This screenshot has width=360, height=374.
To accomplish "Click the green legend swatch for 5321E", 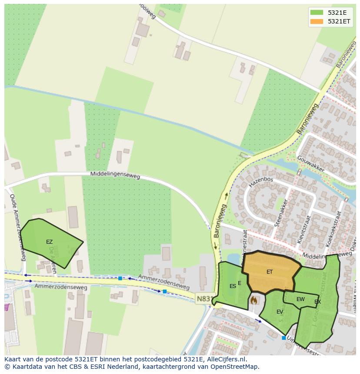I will [317, 13].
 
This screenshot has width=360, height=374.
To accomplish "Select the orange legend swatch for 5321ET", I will [317, 21].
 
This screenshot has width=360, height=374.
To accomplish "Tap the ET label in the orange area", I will [270, 272].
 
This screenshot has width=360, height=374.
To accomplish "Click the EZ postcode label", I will [49, 242].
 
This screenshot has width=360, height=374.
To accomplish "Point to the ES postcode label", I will [233, 286].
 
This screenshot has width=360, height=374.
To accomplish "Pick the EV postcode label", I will [280, 312].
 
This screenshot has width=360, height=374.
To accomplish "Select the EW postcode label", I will [300, 299].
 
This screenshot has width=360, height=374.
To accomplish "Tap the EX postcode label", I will [318, 302].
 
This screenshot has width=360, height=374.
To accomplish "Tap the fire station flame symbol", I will [254, 300].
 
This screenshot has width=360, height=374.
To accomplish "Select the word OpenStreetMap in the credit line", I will [234, 367].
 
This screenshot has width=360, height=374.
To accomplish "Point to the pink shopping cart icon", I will [7, 307].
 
